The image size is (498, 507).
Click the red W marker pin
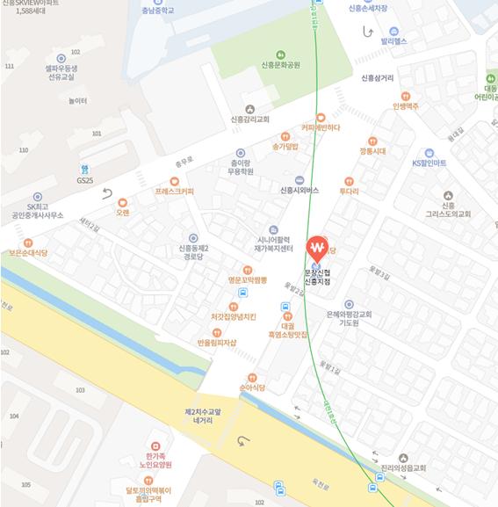(x=316, y=248)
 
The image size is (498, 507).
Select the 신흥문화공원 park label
(x=280, y=64)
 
